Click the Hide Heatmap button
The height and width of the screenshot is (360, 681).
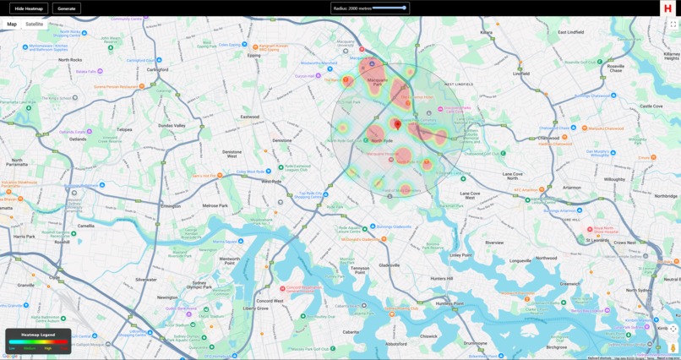click(x=28, y=8)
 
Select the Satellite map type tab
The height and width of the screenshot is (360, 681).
click(x=35, y=25)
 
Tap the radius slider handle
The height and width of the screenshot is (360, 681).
click(x=404, y=8)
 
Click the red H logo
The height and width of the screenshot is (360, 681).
click(x=668, y=8)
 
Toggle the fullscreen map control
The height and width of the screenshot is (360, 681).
click(x=673, y=25)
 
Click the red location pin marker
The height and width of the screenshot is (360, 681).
click(x=398, y=125)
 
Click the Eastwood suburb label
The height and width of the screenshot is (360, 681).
click(x=249, y=117)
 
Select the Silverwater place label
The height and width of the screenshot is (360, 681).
click(x=145, y=279)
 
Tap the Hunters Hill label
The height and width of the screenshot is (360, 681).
click(x=442, y=278)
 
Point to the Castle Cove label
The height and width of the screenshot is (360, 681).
click(x=651, y=106)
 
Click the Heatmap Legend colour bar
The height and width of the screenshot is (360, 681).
click(x=38, y=341)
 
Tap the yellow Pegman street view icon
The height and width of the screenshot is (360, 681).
click(x=673, y=347)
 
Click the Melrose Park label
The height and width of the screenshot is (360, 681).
click(x=215, y=205)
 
